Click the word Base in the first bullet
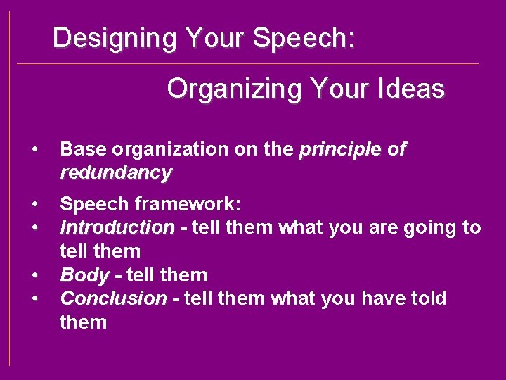click(x=81, y=149)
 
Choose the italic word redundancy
click(x=116, y=172)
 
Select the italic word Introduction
click(x=117, y=227)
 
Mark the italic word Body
click(x=85, y=274)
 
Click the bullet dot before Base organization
click(x=34, y=149)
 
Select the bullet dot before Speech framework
click(x=34, y=204)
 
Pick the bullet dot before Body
click(x=34, y=274)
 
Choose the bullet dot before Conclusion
click(x=34, y=298)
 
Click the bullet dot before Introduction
click(x=34, y=227)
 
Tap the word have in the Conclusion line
click(x=381, y=298)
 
